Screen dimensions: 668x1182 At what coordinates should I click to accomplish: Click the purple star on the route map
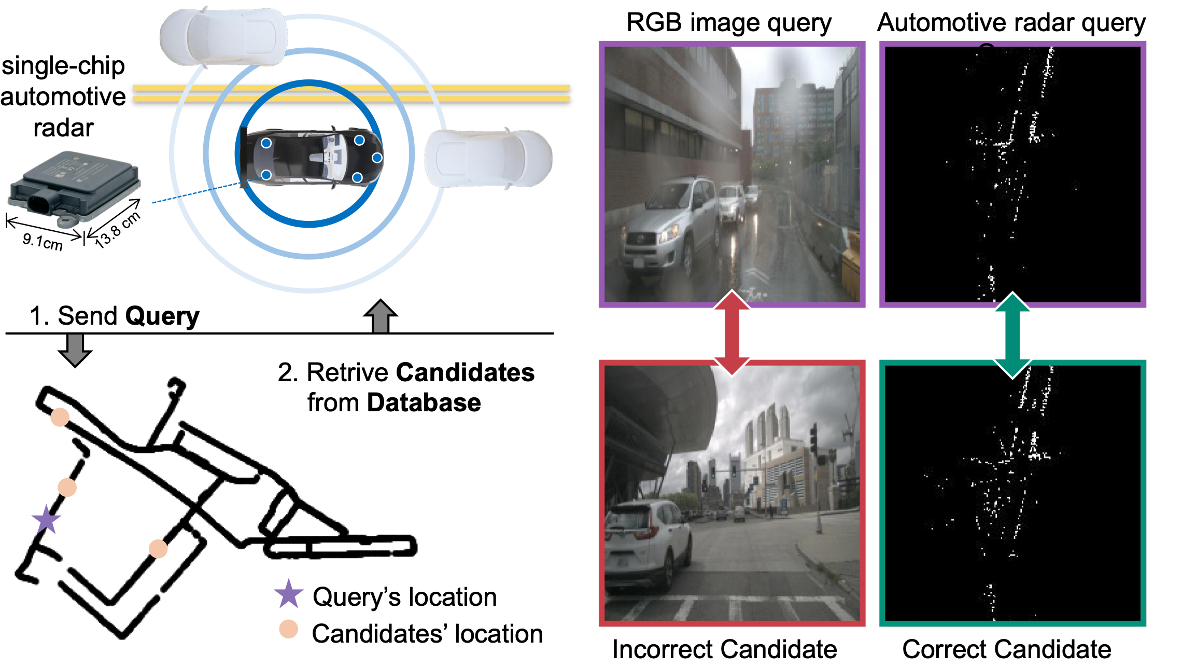[x=47, y=519]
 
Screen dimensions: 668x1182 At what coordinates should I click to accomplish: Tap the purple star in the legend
[x=288, y=594]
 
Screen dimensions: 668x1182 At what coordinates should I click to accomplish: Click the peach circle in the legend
[x=289, y=629]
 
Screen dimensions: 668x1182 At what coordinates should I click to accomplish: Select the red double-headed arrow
[x=731, y=332]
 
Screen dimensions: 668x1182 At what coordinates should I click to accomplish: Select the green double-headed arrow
[x=1012, y=335]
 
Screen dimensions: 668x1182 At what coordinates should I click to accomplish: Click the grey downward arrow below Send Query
[x=75, y=350]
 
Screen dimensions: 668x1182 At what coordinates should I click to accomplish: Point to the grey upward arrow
[x=381, y=316]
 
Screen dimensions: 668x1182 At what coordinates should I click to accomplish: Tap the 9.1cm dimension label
[x=43, y=241]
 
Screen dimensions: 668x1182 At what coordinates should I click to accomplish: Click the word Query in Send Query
[x=162, y=316]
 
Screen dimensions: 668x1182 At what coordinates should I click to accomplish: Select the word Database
[x=424, y=403]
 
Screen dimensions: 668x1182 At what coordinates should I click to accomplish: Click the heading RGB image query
[x=729, y=23]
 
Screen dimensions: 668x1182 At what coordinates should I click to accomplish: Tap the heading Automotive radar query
[x=1011, y=23]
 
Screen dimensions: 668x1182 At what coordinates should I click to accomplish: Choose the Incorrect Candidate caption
[x=724, y=649]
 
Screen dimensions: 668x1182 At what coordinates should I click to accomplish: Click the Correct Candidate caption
[x=1007, y=649]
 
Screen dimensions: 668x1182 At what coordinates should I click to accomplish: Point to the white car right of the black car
[x=488, y=158]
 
